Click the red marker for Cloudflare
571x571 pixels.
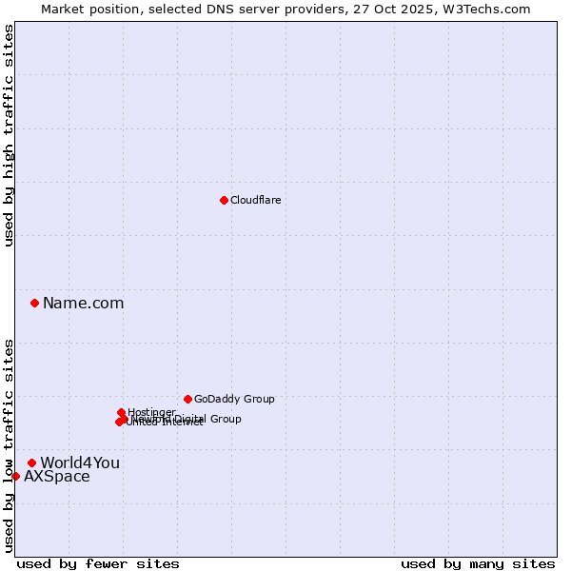click(224, 200)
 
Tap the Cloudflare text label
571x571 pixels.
click(255, 200)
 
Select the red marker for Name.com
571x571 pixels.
click(34, 303)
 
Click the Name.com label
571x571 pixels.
click(83, 304)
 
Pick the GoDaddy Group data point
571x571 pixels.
click(187, 399)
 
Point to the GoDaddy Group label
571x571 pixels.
click(234, 399)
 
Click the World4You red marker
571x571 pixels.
click(31, 463)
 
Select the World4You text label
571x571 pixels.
click(80, 463)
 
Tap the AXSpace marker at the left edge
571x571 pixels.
click(15, 476)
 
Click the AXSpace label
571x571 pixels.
click(57, 477)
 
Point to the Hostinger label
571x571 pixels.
click(151, 412)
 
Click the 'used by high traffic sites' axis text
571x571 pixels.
click(9, 135)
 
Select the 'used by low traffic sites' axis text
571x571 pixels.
click(9, 445)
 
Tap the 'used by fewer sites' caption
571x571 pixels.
click(98, 563)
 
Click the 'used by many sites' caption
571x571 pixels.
click(478, 563)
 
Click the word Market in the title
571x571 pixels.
click(62, 9)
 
